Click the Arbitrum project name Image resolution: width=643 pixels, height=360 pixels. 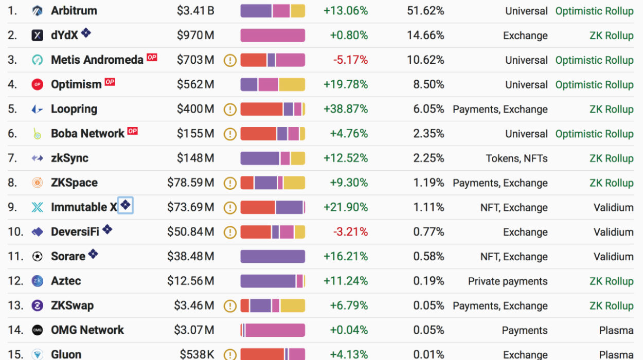(x=74, y=10)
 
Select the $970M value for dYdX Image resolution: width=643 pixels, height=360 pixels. (x=195, y=35)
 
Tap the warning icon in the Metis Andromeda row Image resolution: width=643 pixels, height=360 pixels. (x=230, y=60)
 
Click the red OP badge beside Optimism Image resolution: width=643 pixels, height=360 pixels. (x=110, y=82)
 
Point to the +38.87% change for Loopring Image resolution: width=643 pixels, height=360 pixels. (x=346, y=109)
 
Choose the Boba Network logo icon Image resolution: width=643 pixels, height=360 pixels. (x=37, y=134)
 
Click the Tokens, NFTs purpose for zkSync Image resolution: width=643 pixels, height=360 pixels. (x=516, y=158)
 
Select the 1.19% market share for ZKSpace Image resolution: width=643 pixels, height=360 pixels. (x=428, y=183)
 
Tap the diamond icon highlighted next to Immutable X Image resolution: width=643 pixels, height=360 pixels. (x=126, y=206)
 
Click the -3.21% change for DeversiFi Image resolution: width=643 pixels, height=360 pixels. (x=350, y=231)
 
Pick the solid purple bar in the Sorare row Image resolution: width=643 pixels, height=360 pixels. (x=273, y=256)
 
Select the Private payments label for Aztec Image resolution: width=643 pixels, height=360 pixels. (x=508, y=281)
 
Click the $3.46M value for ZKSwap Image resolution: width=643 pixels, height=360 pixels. (x=194, y=305)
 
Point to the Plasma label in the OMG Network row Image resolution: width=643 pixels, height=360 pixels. (x=616, y=330)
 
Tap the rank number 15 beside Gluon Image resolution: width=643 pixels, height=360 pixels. (x=15, y=354)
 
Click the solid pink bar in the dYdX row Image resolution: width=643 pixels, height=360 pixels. (x=273, y=35)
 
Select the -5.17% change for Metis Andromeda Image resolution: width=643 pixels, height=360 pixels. (x=350, y=60)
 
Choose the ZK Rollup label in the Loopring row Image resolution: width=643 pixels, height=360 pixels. (x=611, y=109)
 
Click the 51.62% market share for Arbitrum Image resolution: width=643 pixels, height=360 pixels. (x=425, y=10)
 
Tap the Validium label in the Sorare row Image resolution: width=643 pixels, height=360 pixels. (x=613, y=256)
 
